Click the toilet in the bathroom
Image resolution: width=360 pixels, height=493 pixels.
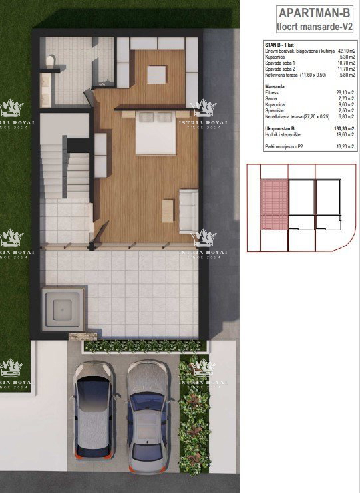(x=51, y=62)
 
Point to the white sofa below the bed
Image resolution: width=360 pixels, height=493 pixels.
(x=188, y=210)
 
